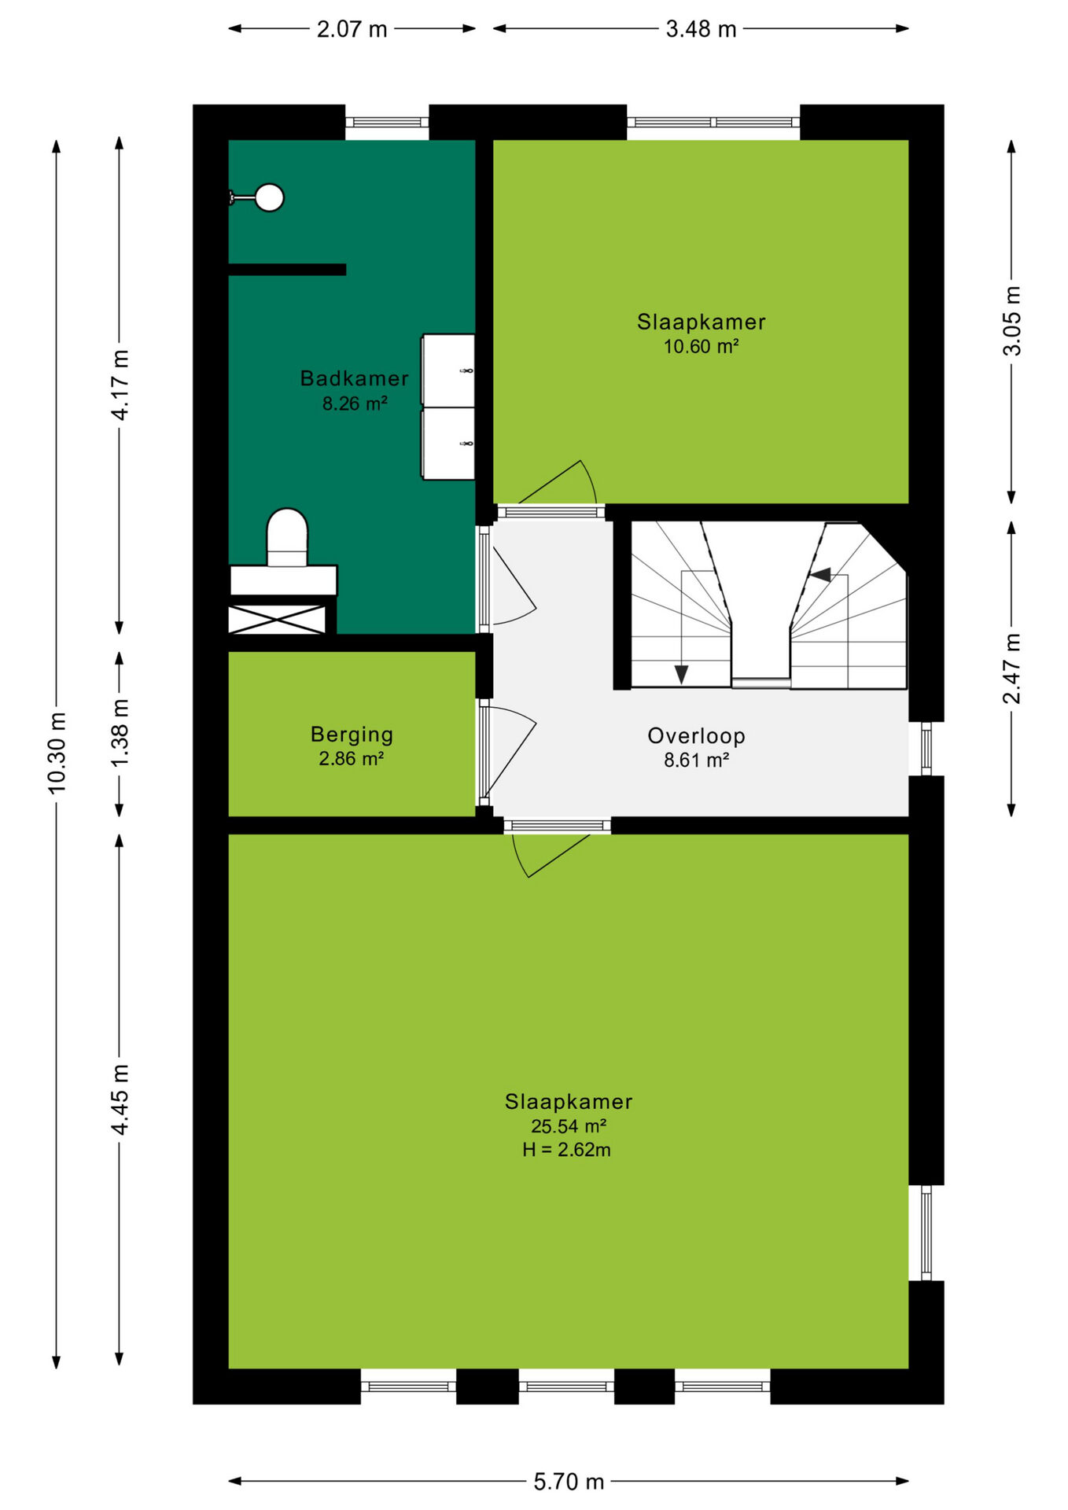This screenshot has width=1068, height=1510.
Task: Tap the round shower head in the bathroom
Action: (x=270, y=197)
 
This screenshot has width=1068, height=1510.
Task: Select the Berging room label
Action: (x=352, y=735)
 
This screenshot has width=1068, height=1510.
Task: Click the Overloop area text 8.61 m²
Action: (x=696, y=761)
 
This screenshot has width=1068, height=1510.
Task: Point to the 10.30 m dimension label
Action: (x=57, y=753)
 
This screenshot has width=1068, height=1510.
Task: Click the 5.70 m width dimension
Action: (x=569, y=1482)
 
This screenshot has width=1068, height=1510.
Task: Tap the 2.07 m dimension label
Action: (x=352, y=29)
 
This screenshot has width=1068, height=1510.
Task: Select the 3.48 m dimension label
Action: (x=701, y=29)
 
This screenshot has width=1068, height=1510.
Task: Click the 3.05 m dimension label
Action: (x=1011, y=321)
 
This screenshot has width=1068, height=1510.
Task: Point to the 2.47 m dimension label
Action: (x=1011, y=668)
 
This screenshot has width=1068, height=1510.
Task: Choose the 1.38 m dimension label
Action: (x=120, y=733)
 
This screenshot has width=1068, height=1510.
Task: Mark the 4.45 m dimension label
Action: (x=120, y=1099)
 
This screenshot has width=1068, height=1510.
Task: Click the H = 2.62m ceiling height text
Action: (x=566, y=1150)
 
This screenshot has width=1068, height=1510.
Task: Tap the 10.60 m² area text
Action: (x=701, y=347)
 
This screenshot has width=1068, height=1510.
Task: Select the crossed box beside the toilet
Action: (x=277, y=619)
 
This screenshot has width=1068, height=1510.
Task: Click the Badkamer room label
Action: (x=354, y=378)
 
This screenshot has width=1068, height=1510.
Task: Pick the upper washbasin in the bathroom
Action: (x=448, y=370)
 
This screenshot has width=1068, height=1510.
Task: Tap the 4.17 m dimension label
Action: (x=120, y=385)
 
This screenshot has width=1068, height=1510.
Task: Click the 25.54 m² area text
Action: (x=568, y=1126)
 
